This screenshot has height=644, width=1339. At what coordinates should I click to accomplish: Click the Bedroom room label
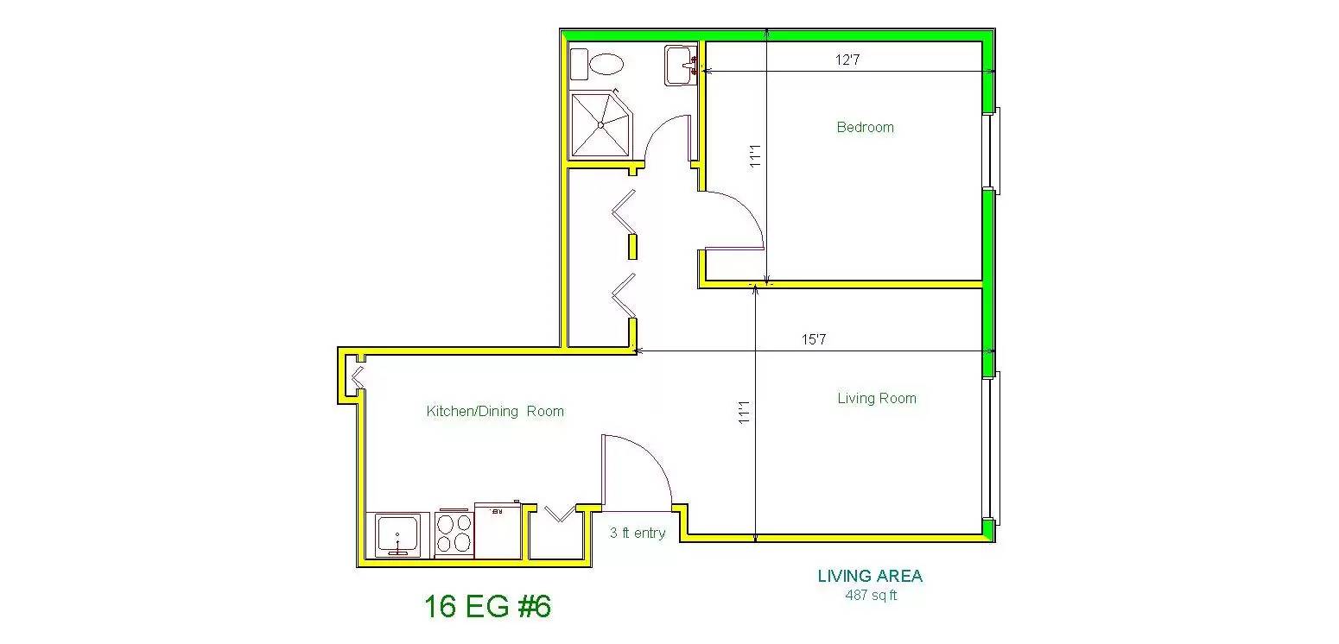coord(865,127)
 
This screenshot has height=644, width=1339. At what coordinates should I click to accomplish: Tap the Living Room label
coord(876,399)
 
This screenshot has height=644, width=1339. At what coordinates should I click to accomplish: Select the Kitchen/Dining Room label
coord(495,411)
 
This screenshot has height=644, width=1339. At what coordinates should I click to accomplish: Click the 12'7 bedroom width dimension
coord(847,60)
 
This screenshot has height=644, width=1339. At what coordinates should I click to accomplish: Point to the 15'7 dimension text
coord(814,339)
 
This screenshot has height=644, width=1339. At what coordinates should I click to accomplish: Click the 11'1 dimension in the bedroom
coord(755,156)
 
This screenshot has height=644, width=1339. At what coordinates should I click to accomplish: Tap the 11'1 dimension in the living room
coord(744,412)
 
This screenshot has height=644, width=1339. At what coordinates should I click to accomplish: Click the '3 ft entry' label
coord(638,533)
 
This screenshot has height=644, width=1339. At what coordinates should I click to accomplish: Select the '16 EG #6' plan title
coord(487,606)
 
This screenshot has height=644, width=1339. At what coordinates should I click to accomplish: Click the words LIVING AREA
coord(870,576)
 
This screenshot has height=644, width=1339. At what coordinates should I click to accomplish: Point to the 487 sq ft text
coord(871,595)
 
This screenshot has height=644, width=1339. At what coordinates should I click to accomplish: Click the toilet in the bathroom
coord(597,64)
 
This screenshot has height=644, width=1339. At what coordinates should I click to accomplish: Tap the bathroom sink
coord(681,65)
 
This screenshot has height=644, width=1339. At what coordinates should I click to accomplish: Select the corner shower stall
coord(600,125)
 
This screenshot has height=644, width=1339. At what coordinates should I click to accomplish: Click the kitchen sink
coord(397,535)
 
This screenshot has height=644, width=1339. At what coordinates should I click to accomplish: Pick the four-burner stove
coord(454,534)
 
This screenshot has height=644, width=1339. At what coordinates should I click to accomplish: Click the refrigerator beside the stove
coord(498,531)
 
